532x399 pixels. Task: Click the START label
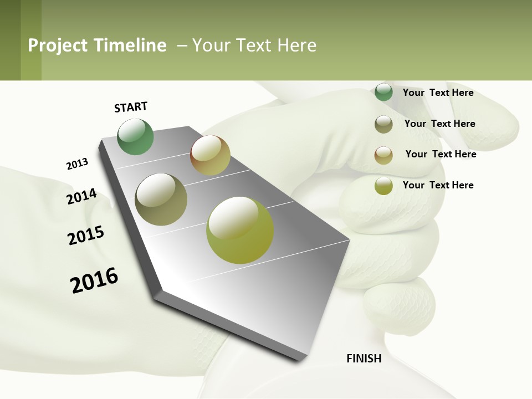[131, 107]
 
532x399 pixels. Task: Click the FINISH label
[364, 359]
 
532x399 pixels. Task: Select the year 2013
[77, 164]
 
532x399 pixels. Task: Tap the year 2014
[81, 197]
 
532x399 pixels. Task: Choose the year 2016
[94, 280]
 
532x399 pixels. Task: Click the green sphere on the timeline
[135, 136]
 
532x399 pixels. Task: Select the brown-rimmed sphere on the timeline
[210, 155]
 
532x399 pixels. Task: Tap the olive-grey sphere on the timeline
[161, 199]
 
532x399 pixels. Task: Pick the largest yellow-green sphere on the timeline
[240, 230]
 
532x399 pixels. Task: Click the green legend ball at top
[383, 92]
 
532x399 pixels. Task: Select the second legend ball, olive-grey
[383, 124]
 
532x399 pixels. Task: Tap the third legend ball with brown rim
[383, 155]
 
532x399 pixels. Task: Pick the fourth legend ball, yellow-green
[383, 186]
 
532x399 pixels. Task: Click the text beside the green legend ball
[438, 93]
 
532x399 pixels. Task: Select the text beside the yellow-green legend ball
[438, 185]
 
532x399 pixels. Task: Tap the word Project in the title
[58, 45]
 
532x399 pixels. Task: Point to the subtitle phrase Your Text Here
[254, 45]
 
